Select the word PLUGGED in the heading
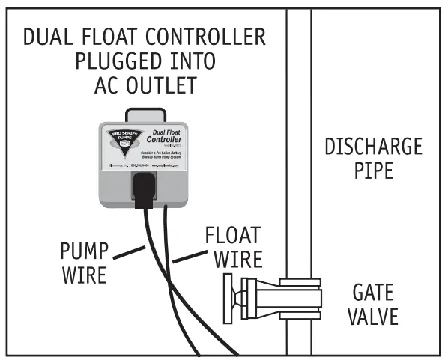click(110, 61)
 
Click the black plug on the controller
click(147, 186)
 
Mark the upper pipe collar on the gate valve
click(299, 284)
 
